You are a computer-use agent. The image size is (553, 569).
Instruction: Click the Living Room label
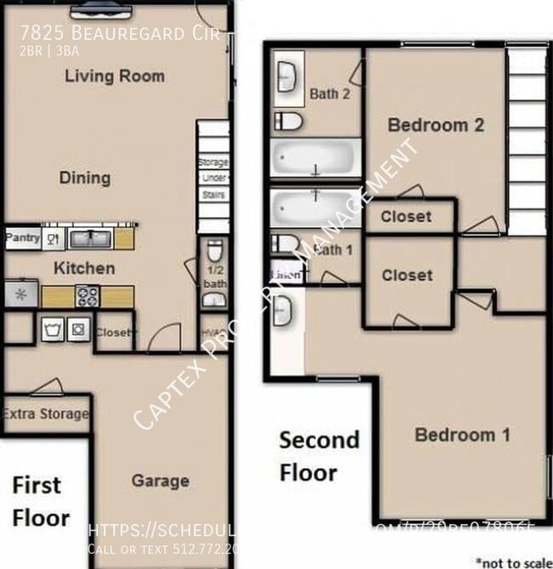[115, 77]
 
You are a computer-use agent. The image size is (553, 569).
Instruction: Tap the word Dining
[85, 178]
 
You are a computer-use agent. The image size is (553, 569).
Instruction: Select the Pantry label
[23, 238]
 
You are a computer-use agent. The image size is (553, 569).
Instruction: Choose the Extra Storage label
[45, 414]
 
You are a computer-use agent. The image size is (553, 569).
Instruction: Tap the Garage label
[160, 481]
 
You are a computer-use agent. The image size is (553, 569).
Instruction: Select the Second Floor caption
[319, 456]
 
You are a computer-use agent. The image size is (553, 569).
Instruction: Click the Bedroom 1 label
[462, 435]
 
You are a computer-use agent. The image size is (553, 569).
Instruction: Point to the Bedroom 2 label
[436, 125]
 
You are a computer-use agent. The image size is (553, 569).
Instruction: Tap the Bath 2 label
[329, 94]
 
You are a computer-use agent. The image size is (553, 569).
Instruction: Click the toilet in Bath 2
[288, 122]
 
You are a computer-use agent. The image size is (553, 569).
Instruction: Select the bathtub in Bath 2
[315, 157]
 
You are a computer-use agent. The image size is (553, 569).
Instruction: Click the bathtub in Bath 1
[315, 207]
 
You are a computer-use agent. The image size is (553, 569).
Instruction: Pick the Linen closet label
[285, 274]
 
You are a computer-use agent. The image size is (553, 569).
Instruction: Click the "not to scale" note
[513, 561]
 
